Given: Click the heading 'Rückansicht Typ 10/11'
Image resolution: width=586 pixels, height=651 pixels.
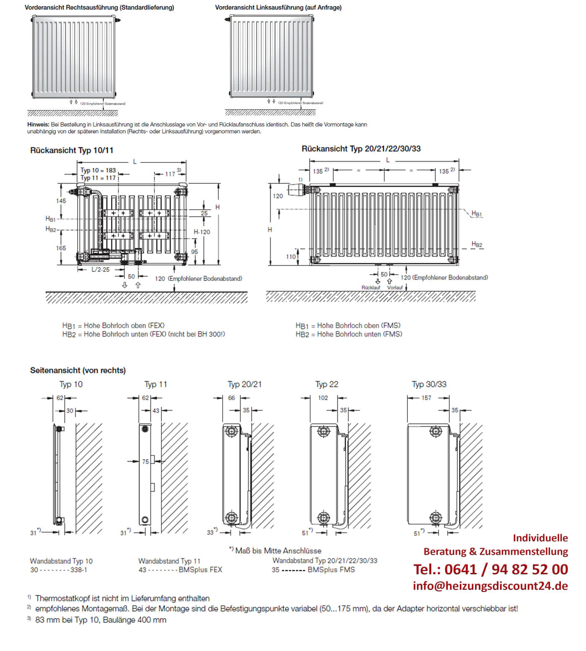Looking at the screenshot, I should pos(72,150).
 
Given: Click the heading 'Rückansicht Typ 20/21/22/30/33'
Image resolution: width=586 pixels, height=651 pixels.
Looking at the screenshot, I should pos(361,149).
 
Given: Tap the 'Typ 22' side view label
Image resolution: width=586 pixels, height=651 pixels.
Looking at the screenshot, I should pos(327,384).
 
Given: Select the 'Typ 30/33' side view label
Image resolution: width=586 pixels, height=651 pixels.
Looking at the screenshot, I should pos(429,384).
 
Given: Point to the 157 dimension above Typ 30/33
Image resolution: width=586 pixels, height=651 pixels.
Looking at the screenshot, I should pos(426,398).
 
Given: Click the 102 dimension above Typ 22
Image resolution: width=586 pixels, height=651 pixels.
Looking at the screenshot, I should pos(323,398).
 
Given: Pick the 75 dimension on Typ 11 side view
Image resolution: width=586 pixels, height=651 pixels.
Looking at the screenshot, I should pos(145,461).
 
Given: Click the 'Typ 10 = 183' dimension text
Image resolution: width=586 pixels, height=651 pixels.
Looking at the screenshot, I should pos(98,170).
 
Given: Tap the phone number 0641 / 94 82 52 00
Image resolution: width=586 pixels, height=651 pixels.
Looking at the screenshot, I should pos(490,569).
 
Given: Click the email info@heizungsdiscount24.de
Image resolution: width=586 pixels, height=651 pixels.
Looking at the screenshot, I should pos(490,586).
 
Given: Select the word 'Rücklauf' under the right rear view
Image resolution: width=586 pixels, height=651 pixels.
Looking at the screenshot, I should pos(371,288).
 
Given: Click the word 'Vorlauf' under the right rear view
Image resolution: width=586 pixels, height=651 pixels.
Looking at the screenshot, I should pos(395,288).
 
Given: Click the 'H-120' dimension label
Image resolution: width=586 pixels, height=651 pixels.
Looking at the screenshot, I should pos(202,232).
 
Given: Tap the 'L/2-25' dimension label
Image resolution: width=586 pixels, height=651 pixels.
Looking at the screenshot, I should pos(101,270).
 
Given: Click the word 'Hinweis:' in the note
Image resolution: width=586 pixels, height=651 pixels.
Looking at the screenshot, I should pos(38,125).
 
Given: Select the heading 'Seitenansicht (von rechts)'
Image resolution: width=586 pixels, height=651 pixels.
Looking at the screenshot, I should pos(78,371).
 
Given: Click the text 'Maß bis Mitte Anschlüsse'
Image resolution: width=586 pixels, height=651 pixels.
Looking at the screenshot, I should pos(278,551).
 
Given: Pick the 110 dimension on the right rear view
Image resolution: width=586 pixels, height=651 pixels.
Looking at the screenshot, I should pos(290,257).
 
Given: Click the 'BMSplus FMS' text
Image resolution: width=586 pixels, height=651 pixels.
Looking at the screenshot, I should pos(331,570).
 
